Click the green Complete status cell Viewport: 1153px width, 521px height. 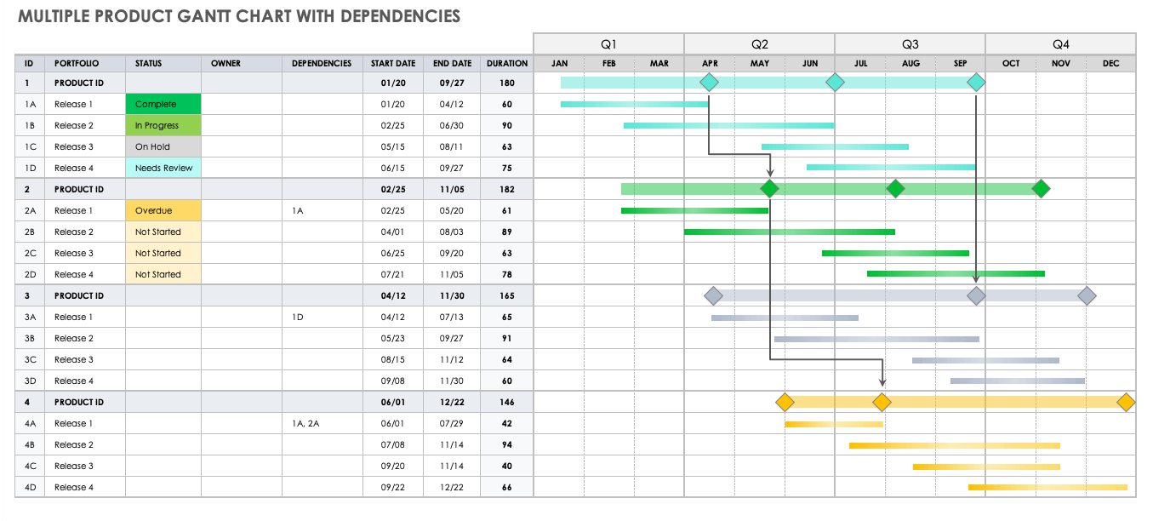(163, 104)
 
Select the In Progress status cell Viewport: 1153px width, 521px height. (163, 125)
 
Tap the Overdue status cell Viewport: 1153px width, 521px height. (163, 210)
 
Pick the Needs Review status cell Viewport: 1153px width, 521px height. (163, 168)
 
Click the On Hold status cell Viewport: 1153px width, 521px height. (163, 146)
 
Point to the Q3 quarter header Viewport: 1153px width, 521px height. (910, 44)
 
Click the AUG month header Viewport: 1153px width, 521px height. (910, 64)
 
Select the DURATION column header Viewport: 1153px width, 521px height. (507, 64)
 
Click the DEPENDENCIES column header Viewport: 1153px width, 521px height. (322, 64)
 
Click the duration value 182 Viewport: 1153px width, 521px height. (507, 189)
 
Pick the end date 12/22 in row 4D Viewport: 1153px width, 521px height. (452, 487)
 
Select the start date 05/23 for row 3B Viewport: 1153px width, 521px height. (393, 338)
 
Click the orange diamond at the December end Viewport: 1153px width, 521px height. (1126, 402)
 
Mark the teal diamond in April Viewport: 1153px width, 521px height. (709, 82)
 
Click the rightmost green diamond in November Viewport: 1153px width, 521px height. (1041, 189)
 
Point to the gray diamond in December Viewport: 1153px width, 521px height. (1086, 295)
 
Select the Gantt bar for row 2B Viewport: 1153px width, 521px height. (789, 232)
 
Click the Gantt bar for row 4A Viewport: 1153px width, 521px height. (833, 423)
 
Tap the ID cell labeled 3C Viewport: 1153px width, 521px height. (30, 359)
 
